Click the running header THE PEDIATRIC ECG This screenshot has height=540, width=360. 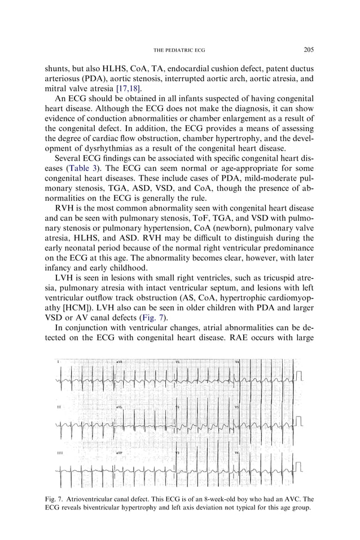click(x=179, y=50)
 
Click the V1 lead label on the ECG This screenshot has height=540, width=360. click(x=178, y=361)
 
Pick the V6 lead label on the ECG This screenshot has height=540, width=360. click(x=237, y=453)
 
